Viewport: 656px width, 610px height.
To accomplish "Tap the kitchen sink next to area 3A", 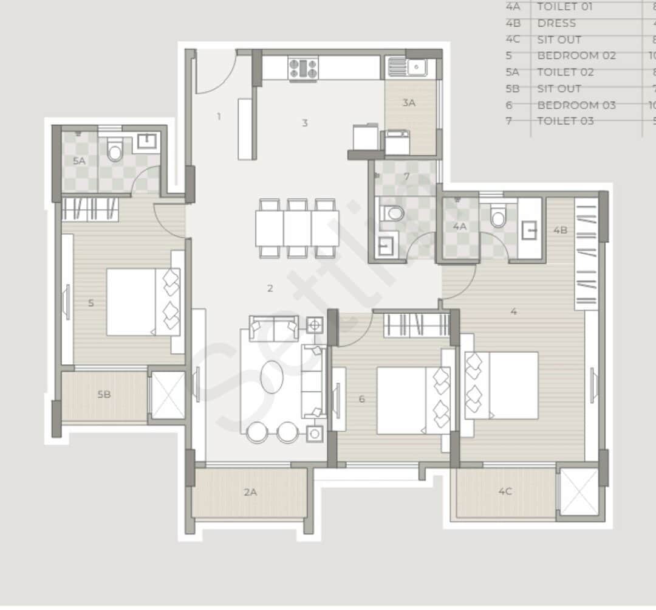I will tap(408, 66).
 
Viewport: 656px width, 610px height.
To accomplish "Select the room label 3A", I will tap(409, 103).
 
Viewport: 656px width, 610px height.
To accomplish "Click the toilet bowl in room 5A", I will tap(115, 151).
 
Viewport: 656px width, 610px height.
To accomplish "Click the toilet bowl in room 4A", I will tap(498, 218).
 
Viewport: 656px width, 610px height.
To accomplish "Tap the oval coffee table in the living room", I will tap(272, 377).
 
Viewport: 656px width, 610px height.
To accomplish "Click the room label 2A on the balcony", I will tap(250, 492).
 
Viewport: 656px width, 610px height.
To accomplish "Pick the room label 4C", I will tap(505, 491).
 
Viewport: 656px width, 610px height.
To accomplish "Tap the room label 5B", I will tap(104, 394).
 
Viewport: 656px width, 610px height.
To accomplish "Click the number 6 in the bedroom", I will tap(362, 399).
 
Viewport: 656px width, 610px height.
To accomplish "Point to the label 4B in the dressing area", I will tap(560, 230).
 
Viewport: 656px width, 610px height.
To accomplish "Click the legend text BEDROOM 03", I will tap(576, 105).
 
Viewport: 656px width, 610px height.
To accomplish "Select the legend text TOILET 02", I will tap(565, 72).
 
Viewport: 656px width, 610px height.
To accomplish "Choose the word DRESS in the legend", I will tap(556, 23).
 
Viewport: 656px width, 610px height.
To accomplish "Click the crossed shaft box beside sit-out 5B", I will tap(167, 395).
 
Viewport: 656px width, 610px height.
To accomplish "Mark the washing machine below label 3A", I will tap(397, 142).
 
